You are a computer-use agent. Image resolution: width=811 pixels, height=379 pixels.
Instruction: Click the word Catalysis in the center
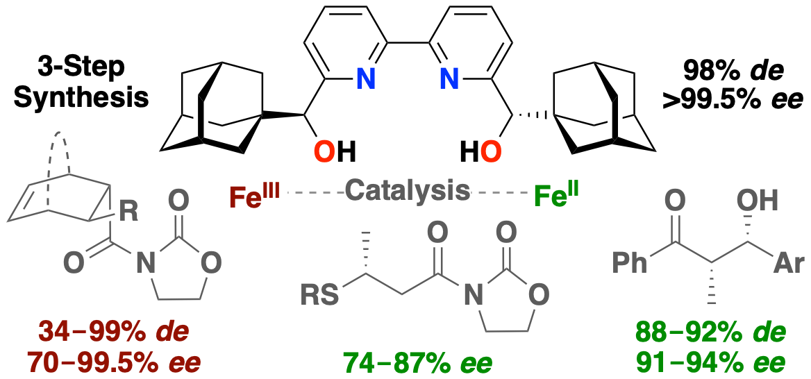(x=407, y=189)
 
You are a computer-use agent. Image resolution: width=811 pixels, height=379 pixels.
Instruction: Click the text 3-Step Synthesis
(x=82, y=83)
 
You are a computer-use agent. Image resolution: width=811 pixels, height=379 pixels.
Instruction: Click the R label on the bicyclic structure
(x=128, y=212)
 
